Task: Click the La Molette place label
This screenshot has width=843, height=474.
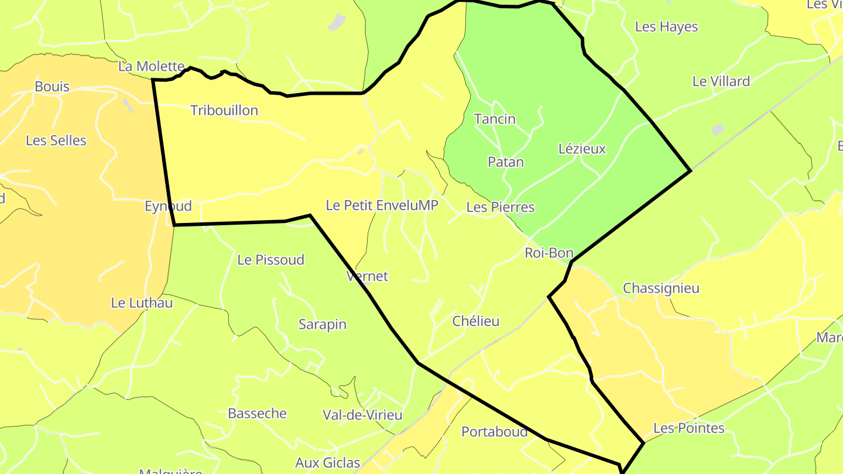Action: [x=151, y=67]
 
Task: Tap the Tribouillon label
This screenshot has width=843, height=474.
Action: [x=224, y=111]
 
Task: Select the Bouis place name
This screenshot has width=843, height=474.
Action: [x=52, y=87]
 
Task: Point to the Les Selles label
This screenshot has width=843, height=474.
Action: [x=56, y=141]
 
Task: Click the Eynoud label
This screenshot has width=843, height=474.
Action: [x=168, y=207]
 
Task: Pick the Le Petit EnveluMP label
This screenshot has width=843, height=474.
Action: [x=382, y=206]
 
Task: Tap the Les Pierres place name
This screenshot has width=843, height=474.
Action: [x=501, y=208]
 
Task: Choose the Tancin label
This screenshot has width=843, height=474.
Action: [x=495, y=119]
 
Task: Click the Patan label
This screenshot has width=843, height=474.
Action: [x=506, y=163]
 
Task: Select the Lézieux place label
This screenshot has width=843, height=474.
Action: [x=582, y=149]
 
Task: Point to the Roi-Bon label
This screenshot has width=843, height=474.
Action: [x=549, y=253]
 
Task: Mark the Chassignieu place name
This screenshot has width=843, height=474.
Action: [x=661, y=288]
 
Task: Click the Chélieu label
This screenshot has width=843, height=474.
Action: [x=476, y=321]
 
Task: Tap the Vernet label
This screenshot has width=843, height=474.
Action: [x=367, y=276]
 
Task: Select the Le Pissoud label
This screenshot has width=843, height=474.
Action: [x=271, y=260]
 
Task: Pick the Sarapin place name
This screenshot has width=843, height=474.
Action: [x=323, y=325]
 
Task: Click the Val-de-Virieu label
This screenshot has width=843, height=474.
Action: [x=362, y=415]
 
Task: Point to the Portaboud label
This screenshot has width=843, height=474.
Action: [x=495, y=432]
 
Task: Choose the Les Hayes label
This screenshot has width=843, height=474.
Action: [x=666, y=27]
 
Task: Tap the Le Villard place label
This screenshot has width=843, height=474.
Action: [x=721, y=82]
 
